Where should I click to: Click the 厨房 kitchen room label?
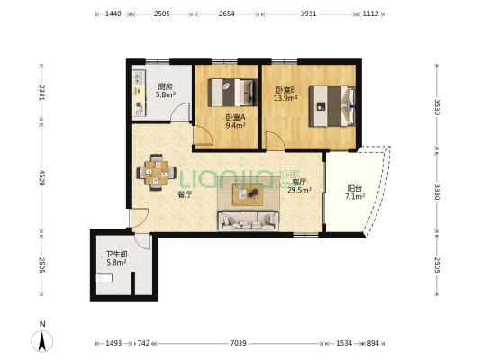pos(165,86)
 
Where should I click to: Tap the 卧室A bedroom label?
pos(235,117)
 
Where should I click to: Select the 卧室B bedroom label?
pos(285,90)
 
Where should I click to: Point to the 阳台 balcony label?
pos(355,189)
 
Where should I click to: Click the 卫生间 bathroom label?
pos(117,254)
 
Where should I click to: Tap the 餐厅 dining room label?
pos(185,194)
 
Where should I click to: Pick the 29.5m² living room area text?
pos(299,190)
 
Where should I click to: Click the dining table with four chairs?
pos(157,173)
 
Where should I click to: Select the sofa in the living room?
pos(249,220)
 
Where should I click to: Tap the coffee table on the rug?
pos(248,194)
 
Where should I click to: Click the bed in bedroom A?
pos(232,93)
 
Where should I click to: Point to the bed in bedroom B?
pos(331,106)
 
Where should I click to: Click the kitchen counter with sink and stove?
pos(139,94)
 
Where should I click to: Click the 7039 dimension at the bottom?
pos(238,343)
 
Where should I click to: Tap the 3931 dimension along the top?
pos(308,13)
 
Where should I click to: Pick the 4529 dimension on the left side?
pos(41,177)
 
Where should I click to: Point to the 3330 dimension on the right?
pos(437,192)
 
